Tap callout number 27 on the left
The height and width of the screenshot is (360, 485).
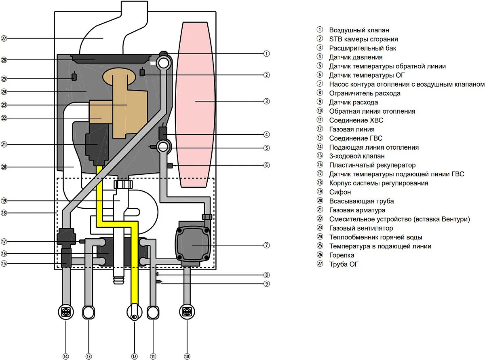click(x=4, y=38)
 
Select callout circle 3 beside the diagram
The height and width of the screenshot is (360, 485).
click(x=266, y=101)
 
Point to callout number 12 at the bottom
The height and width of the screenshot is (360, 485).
click(x=135, y=356)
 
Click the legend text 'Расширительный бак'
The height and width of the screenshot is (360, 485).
click(x=357, y=48)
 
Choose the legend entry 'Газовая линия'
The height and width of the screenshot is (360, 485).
click(x=352, y=129)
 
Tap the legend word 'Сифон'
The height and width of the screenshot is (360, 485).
click(x=340, y=192)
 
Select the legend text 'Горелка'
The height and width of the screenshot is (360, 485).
click(x=342, y=255)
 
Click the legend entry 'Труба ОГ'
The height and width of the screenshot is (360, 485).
click(x=344, y=264)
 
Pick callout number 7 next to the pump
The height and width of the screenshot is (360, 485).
click(x=266, y=245)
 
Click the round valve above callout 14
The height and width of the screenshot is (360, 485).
click(x=65, y=312)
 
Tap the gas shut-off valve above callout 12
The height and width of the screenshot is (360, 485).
click(x=135, y=313)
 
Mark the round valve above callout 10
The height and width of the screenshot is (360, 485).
click(x=187, y=312)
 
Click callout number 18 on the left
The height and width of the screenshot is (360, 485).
click(x=4, y=213)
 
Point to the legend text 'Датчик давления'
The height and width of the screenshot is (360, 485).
click(x=356, y=57)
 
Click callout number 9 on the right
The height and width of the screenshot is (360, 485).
click(x=266, y=284)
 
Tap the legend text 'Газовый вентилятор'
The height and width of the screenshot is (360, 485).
click(x=361, y=228)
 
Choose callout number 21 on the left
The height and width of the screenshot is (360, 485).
click(x=4, y=144)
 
